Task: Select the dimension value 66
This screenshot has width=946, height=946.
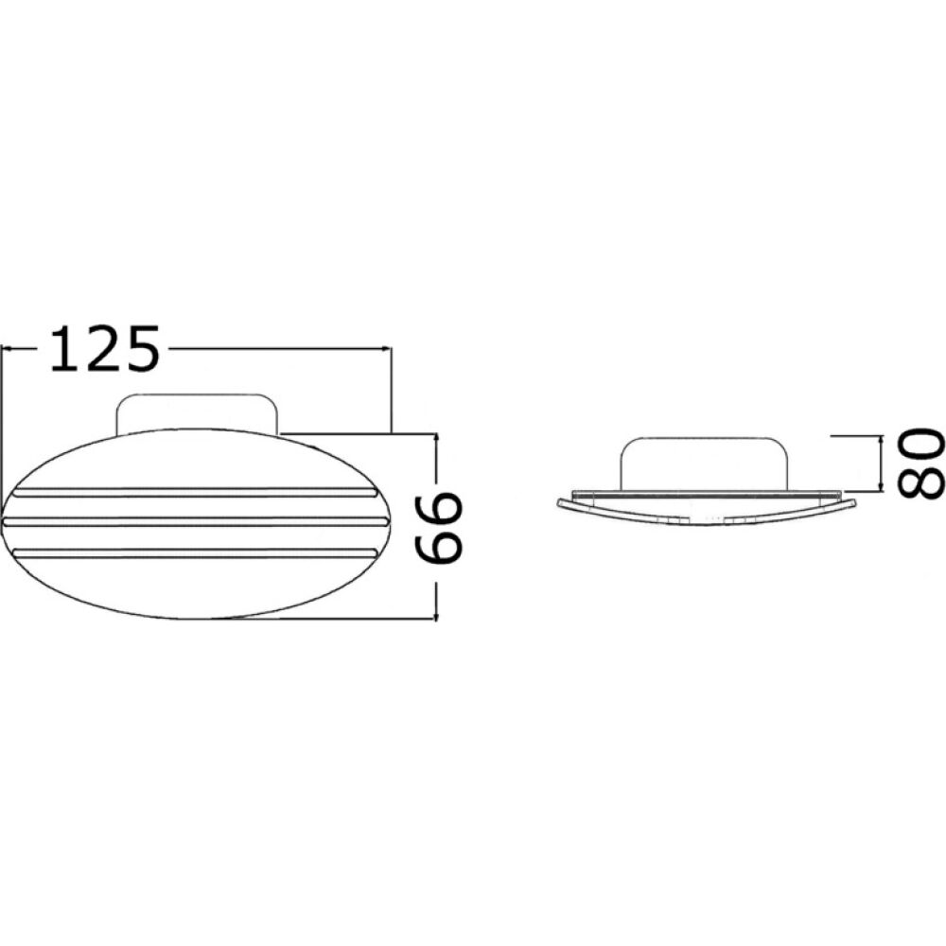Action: [441, 527]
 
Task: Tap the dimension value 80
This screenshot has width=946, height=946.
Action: [920, 463]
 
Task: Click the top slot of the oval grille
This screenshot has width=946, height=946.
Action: [194, 493]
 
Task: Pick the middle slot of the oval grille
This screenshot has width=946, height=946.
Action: [196, 521]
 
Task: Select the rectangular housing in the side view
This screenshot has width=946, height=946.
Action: [702, 463]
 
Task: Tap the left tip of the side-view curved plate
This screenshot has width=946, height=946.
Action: [559, 502]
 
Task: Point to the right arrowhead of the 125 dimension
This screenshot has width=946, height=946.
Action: [386, 349]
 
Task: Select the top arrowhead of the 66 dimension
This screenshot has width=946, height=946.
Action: [435, 439]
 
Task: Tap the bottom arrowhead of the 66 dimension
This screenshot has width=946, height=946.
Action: [435, 615]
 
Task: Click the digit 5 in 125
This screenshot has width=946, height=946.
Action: [139, 348]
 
